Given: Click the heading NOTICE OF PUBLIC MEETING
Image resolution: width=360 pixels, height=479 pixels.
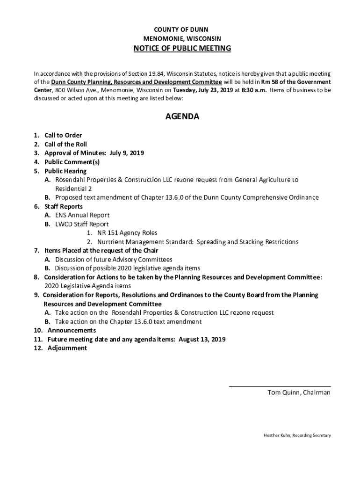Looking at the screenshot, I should [182, 49].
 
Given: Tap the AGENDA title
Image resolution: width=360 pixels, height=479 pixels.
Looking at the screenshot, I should [182, 116].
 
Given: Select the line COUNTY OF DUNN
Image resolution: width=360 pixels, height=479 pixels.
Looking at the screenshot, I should [182, 29].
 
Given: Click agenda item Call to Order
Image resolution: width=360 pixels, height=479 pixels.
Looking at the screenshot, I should [63, 136].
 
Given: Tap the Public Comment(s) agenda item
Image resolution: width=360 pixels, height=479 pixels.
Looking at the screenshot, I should [72, 162].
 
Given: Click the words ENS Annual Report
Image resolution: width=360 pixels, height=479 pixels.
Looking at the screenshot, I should [82, 215].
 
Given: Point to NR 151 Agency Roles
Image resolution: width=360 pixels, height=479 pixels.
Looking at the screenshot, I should [127, 233].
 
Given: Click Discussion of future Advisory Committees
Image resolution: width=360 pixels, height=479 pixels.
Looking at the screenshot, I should [114, 259].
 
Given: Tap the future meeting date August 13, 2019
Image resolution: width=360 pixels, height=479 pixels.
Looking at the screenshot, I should [202, 339].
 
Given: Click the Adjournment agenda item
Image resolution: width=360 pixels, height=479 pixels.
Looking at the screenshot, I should [67, 348].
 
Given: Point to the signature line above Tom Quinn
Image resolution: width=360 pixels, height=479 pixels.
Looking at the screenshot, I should [280, 386].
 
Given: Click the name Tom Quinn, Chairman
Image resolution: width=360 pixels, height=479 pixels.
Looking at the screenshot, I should [299, 392].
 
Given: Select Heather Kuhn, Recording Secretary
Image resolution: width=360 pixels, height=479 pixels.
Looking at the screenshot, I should [297, 435].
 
